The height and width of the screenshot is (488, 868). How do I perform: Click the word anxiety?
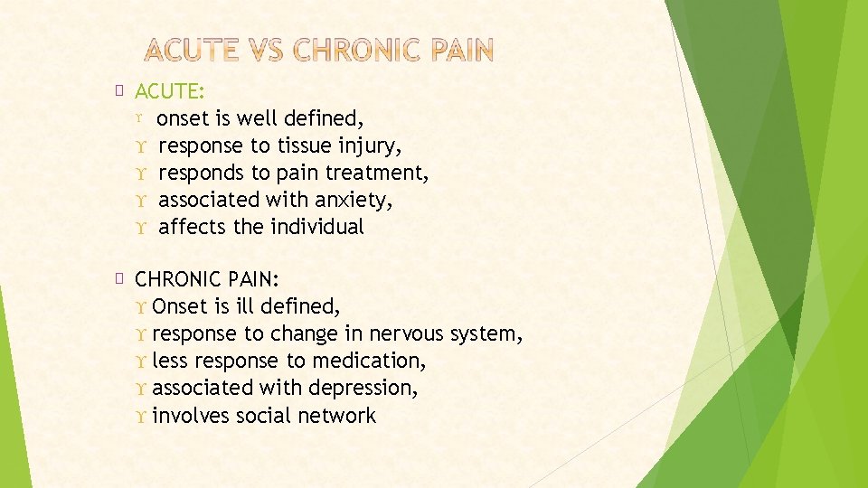(358, 200)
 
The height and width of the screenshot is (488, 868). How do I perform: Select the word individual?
(318, 227)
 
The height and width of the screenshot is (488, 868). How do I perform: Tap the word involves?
(192, 416)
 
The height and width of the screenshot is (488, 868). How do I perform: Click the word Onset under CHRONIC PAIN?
(181, 306)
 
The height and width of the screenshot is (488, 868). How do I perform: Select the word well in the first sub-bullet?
(258, 118)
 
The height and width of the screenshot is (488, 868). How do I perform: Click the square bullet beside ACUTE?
(121, 89)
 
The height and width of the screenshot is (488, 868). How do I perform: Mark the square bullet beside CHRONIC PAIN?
(121, 277)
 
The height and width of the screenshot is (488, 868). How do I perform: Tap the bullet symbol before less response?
(143, 361)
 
